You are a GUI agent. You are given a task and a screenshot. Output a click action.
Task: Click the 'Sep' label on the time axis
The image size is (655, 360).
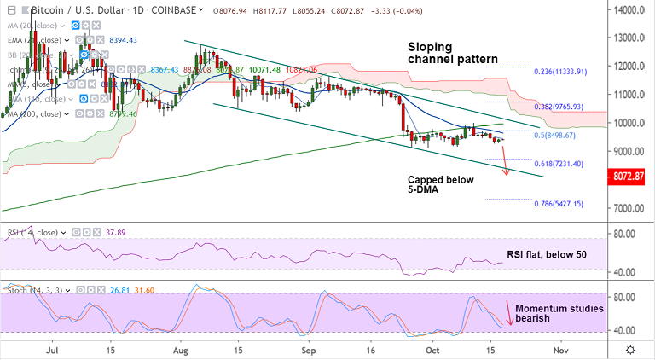(310, 350)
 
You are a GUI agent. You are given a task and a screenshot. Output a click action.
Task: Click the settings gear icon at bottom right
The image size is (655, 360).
(629, 350)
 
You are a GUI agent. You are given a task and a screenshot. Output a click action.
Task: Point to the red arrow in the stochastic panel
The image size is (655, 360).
(510, 313)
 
